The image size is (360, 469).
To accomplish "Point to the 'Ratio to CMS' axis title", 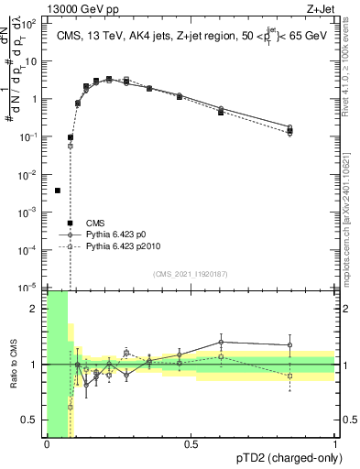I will point(12,364).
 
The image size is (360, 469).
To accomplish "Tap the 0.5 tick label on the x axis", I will point(191,442).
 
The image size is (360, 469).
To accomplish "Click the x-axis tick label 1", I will point(335,442).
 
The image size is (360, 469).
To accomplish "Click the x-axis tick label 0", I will point(47,442).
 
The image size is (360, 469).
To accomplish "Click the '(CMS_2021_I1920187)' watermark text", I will point(191,273).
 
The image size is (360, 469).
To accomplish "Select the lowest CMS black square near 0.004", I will point(58,191).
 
